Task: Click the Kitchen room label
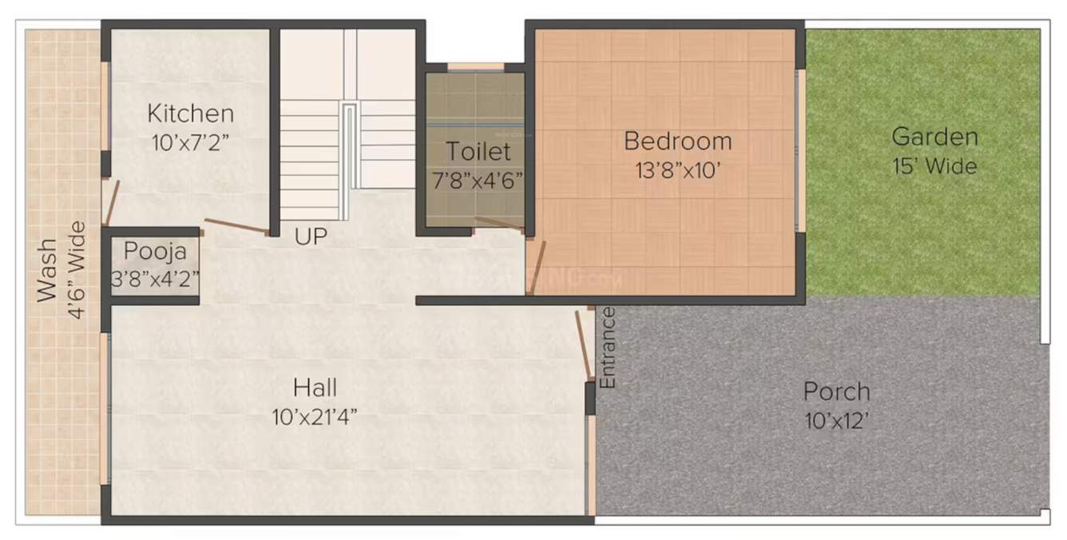[190, 113]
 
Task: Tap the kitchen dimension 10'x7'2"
[190, 143]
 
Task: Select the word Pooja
[155, 252]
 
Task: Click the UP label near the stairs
[310, 236]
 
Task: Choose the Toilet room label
[478, 151]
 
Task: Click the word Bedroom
[677, 141]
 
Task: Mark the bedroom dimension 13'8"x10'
[677, 169]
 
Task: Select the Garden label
[934, 137]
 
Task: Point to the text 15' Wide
[934, 167]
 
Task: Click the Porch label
[836, 392]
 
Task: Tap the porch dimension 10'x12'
[836, 421]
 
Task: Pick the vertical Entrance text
[608, 347]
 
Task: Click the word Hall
[315, 388]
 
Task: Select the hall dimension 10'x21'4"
[315, 416]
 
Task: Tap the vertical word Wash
[48, 270]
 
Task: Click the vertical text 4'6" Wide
[77, 270]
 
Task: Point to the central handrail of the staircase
[349, 160]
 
